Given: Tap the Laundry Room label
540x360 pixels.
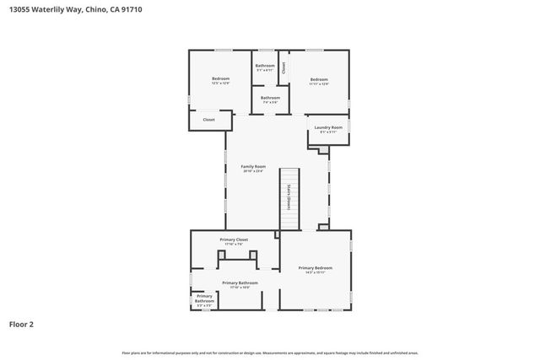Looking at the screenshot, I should [x=328, y=127].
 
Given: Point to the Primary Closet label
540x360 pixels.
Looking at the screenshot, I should [x=234, y=239].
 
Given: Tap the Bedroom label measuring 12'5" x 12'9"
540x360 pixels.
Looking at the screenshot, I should [x=220, y=78].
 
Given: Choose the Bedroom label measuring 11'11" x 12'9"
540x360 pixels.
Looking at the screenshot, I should [x=318, y=78].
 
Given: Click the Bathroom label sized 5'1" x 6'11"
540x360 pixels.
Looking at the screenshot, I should [x=265, y=66].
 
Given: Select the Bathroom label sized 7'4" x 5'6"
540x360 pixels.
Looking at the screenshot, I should [x=270, y=98].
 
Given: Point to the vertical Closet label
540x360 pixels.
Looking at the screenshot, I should [x=284, y=67].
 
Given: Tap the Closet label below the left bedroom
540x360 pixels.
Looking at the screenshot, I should [x=208, y=120].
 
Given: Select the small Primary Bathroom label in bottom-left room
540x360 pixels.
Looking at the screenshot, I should [x=204, y=298].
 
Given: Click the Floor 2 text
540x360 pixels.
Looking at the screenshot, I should [x=21, y=324].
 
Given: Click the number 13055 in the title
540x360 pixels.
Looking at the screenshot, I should [x=21, y=10].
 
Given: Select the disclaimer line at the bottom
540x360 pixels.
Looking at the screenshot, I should [x=270, y=352].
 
